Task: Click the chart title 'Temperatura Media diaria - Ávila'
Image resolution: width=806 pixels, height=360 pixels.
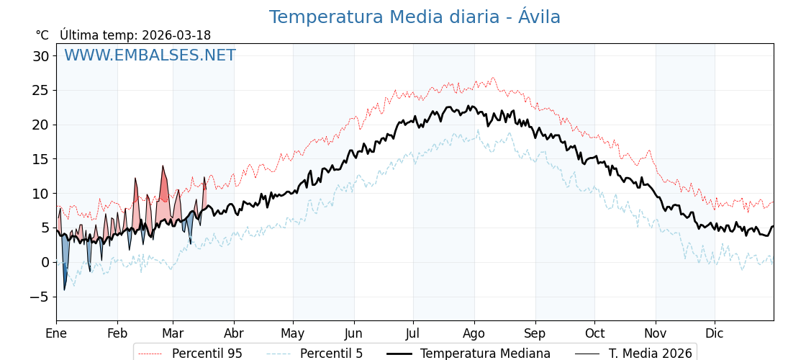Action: [x=415, y=17]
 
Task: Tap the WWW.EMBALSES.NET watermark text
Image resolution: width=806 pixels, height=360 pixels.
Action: [x=150, y=55]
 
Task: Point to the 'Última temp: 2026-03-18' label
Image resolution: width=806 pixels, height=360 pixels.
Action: [x=135, y=35]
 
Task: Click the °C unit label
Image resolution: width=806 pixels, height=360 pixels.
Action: [x=42, y=35]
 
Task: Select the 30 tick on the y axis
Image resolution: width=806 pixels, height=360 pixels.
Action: [x=41, y=56]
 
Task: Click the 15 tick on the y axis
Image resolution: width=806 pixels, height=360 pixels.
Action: [x=41, y=159]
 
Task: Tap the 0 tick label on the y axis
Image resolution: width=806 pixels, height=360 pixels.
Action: [x=45, y=262]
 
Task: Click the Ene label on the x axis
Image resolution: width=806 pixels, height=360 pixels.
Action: [x=56, y=333]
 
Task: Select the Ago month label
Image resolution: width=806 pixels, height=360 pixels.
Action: [x=474, y=333]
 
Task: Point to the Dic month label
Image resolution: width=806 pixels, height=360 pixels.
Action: [x=715, y=333]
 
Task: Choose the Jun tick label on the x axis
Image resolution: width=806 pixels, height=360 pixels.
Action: [x=353, y=333]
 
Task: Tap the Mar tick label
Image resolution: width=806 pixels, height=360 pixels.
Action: [x=173, y=333]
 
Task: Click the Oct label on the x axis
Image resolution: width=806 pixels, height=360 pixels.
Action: [x=594, y=333]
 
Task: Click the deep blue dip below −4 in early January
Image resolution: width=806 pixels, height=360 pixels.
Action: [x=64, y=289]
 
